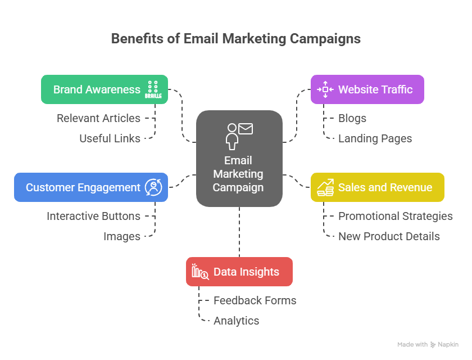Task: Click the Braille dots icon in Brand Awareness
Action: click(x=153, y=89)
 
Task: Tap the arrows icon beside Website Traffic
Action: click(x=325, y=89)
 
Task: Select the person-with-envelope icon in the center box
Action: click(x=239, y=135)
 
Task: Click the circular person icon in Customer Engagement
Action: click(x=153, y=187)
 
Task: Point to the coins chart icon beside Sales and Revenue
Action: click(x=325, y=187)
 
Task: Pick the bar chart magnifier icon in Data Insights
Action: click(x=200, y=272)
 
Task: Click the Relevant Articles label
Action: click(x=98, y=118)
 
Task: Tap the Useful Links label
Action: click(x=110, y=138)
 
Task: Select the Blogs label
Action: click(x=352, y=118)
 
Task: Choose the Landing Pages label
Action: click(x=375, y=138)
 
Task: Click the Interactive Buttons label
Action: click(x=93, y=216)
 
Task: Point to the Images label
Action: click(x=121, y=236)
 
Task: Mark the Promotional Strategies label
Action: click(x=395, y=216)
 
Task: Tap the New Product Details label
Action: click(x=389, y=236)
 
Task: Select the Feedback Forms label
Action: click(x=255, y=300)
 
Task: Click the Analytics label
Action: click(x=236, y=321)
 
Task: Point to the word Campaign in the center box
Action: click(x=238, y=187)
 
